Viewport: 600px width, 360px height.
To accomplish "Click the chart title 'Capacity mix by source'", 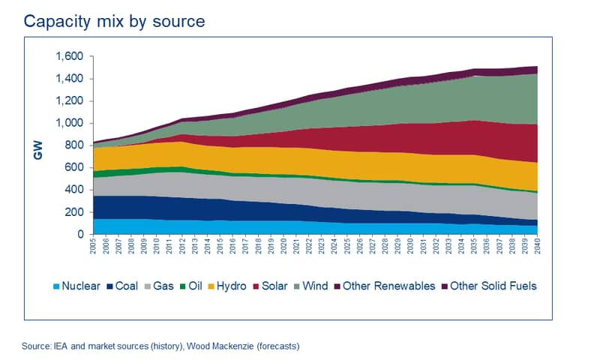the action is point(114,22).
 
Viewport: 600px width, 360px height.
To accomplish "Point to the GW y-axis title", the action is point(38,150).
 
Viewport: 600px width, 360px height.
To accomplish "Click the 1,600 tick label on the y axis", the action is point(70,56).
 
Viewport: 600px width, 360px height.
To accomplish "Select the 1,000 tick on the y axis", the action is point(70,123).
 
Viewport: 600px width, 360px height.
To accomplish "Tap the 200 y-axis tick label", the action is point(74,212).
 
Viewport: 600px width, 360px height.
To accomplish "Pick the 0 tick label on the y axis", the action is point(80,234).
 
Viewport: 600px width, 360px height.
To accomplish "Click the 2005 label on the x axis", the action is point(93,245).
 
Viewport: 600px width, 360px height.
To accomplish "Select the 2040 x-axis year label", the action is point(537,245).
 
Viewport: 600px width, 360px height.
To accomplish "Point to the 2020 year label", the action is point(283,245).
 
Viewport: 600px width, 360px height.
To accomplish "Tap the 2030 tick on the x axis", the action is point(410,245).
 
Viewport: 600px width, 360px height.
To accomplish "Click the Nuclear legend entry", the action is point(77,286).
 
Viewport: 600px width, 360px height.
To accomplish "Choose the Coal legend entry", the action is point(122,286).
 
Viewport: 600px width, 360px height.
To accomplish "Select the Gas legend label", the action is point(163,286).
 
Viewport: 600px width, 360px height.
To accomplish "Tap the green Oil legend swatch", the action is point(182,286).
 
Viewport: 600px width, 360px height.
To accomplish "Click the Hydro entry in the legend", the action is point(227,286).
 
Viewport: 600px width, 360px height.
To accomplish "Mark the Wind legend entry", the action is point(311,286).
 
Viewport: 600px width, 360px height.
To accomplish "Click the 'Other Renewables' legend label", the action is point(388,286).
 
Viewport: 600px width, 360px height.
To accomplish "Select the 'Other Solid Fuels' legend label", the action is point(493,286).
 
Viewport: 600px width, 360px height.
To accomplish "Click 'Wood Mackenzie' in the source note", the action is point(220,346).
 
